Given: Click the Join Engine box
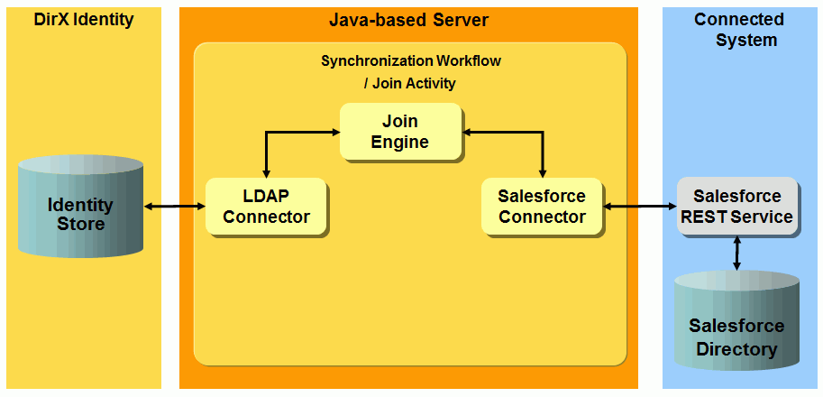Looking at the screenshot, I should coord(400,132).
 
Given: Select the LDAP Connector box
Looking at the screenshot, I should coord(266,206).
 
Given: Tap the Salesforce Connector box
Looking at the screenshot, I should coord(542,206).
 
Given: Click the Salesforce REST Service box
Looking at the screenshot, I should coord(736,207).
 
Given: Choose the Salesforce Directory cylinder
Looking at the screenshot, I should coord(736,329).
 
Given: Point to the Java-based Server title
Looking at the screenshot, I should coord(409,19).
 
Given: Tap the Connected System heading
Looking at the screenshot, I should coord(738,29).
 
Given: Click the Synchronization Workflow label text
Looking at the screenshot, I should coord(410,61).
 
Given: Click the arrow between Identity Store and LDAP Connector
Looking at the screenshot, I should coord(175,207).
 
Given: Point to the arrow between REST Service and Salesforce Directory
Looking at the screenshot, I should coord(737,254).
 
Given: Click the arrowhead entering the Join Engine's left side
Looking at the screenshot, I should coord(334,132).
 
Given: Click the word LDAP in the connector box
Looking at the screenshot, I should coord(266,196).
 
